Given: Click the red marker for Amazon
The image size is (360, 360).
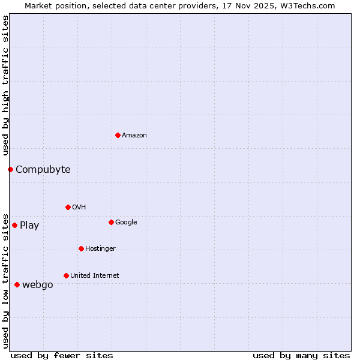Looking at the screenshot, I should tap(118, 135).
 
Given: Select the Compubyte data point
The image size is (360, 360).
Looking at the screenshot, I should tap(10, 169).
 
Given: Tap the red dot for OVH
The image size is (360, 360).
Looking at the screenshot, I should tap(68, 207).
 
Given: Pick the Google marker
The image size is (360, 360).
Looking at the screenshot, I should tap(111, 222).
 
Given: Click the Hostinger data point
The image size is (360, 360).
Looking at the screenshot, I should tap(81, 248).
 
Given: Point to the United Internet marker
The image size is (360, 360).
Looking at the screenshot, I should tap(66, 275).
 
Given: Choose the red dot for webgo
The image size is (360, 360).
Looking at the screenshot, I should tap(17, 284).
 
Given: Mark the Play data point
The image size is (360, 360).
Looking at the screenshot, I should tap(14, 225).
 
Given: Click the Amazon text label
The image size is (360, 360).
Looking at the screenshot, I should tap(134, 136).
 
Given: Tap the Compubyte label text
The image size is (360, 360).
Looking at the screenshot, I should tap(43, 170).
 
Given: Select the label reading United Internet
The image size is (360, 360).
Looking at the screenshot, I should tap(94, 276).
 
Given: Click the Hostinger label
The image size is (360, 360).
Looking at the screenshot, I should tap(100, 249).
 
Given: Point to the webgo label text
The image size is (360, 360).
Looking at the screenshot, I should tap(37, 285).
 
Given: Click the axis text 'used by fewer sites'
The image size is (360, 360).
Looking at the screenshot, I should tap(62, 356).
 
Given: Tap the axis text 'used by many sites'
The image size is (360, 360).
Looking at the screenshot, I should tap(301, 356).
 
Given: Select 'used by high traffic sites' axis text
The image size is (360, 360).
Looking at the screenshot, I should tap(5, 86).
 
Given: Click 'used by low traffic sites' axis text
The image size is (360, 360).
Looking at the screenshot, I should tap(5, 280).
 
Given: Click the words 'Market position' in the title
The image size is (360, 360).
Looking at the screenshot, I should tap(52, 5).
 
